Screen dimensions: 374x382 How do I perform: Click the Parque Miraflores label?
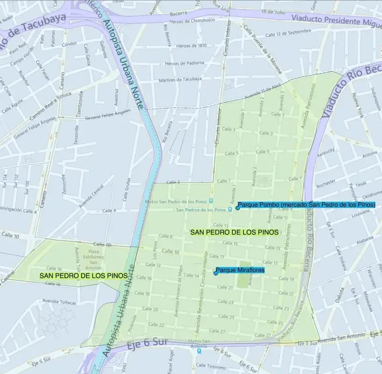coord(240,270)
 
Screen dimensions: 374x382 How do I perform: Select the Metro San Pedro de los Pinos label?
coord(176,202)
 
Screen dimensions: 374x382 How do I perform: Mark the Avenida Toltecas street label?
coord(60,301)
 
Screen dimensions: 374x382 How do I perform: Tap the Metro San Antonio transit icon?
coord(199,352)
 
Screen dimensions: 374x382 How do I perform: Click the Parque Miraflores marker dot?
coord(216,273)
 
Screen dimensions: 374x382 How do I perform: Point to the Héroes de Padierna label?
coord(184,63)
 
